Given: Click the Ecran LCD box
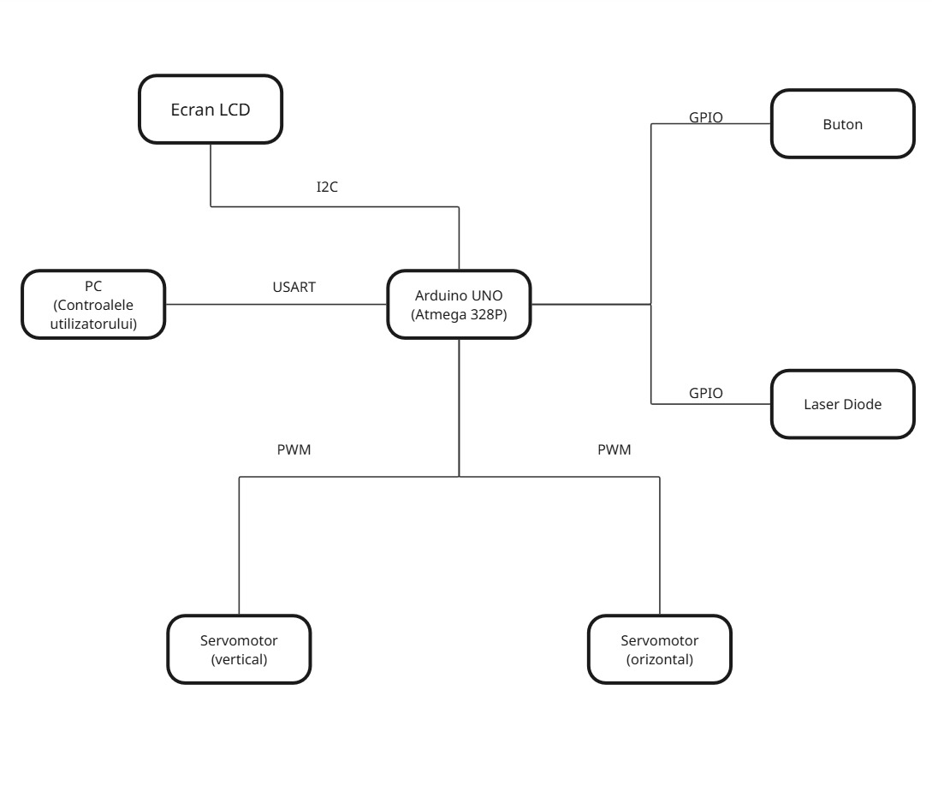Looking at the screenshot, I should [x=211, y=109].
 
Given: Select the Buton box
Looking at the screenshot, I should [x=842, y=124].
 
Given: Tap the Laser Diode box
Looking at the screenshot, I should [x=842, y=404].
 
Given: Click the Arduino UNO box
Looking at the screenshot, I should [x=459, y=304].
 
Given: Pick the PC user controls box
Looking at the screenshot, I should [x=93, y=304].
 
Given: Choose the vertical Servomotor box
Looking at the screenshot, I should [x=239, y=649].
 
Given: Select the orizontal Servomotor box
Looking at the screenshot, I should [x=660, y=649].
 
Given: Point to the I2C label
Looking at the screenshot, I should [x=328, y=187].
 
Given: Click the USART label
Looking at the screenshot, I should [x=294, y=287].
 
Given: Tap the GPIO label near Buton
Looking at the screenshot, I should [x=706, y=117].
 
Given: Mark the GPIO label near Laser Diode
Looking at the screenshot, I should [x=706, y=393].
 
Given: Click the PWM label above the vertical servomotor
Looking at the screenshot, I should [x=294, y=449].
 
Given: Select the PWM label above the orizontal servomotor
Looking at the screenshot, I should [x=614, y=449].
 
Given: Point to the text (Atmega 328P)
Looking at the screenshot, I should [x=459, y=313].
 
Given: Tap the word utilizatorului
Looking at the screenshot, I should [x=93, y=323].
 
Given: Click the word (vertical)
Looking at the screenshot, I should [x=239, y=659].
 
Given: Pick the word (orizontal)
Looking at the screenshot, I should [x=660, y=659].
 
